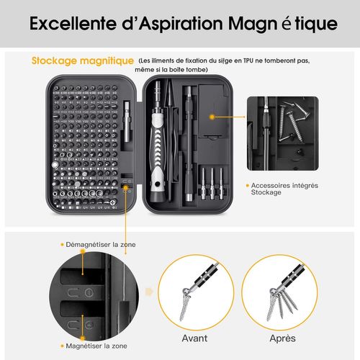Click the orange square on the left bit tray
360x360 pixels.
(x=127, y=186)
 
